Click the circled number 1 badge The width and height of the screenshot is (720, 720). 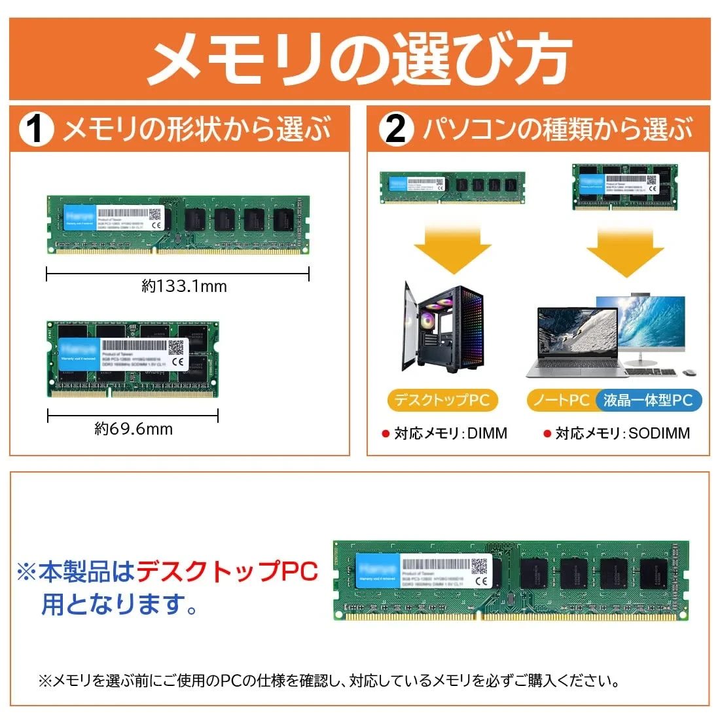tap(35, 129)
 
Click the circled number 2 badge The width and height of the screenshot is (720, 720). tap(395, 129)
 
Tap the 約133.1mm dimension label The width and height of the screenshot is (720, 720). tap(184, 286)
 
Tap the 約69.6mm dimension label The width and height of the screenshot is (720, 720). tap(134, 429)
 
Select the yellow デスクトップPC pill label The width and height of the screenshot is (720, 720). tap(442, 400)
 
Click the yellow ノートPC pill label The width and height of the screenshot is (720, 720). tap(561, 400)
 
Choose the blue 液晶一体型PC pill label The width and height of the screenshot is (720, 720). tap(647, 400)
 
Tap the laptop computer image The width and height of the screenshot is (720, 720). tap(576, 344)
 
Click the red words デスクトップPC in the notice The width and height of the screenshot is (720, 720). tap(226, 571)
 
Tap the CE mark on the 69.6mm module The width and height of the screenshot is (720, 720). tap(177, 361)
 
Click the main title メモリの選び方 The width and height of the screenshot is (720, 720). tap(359, 60)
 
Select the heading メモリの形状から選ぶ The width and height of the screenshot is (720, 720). tap(196, 129)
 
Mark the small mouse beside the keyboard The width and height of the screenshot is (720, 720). tap(689, 373)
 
